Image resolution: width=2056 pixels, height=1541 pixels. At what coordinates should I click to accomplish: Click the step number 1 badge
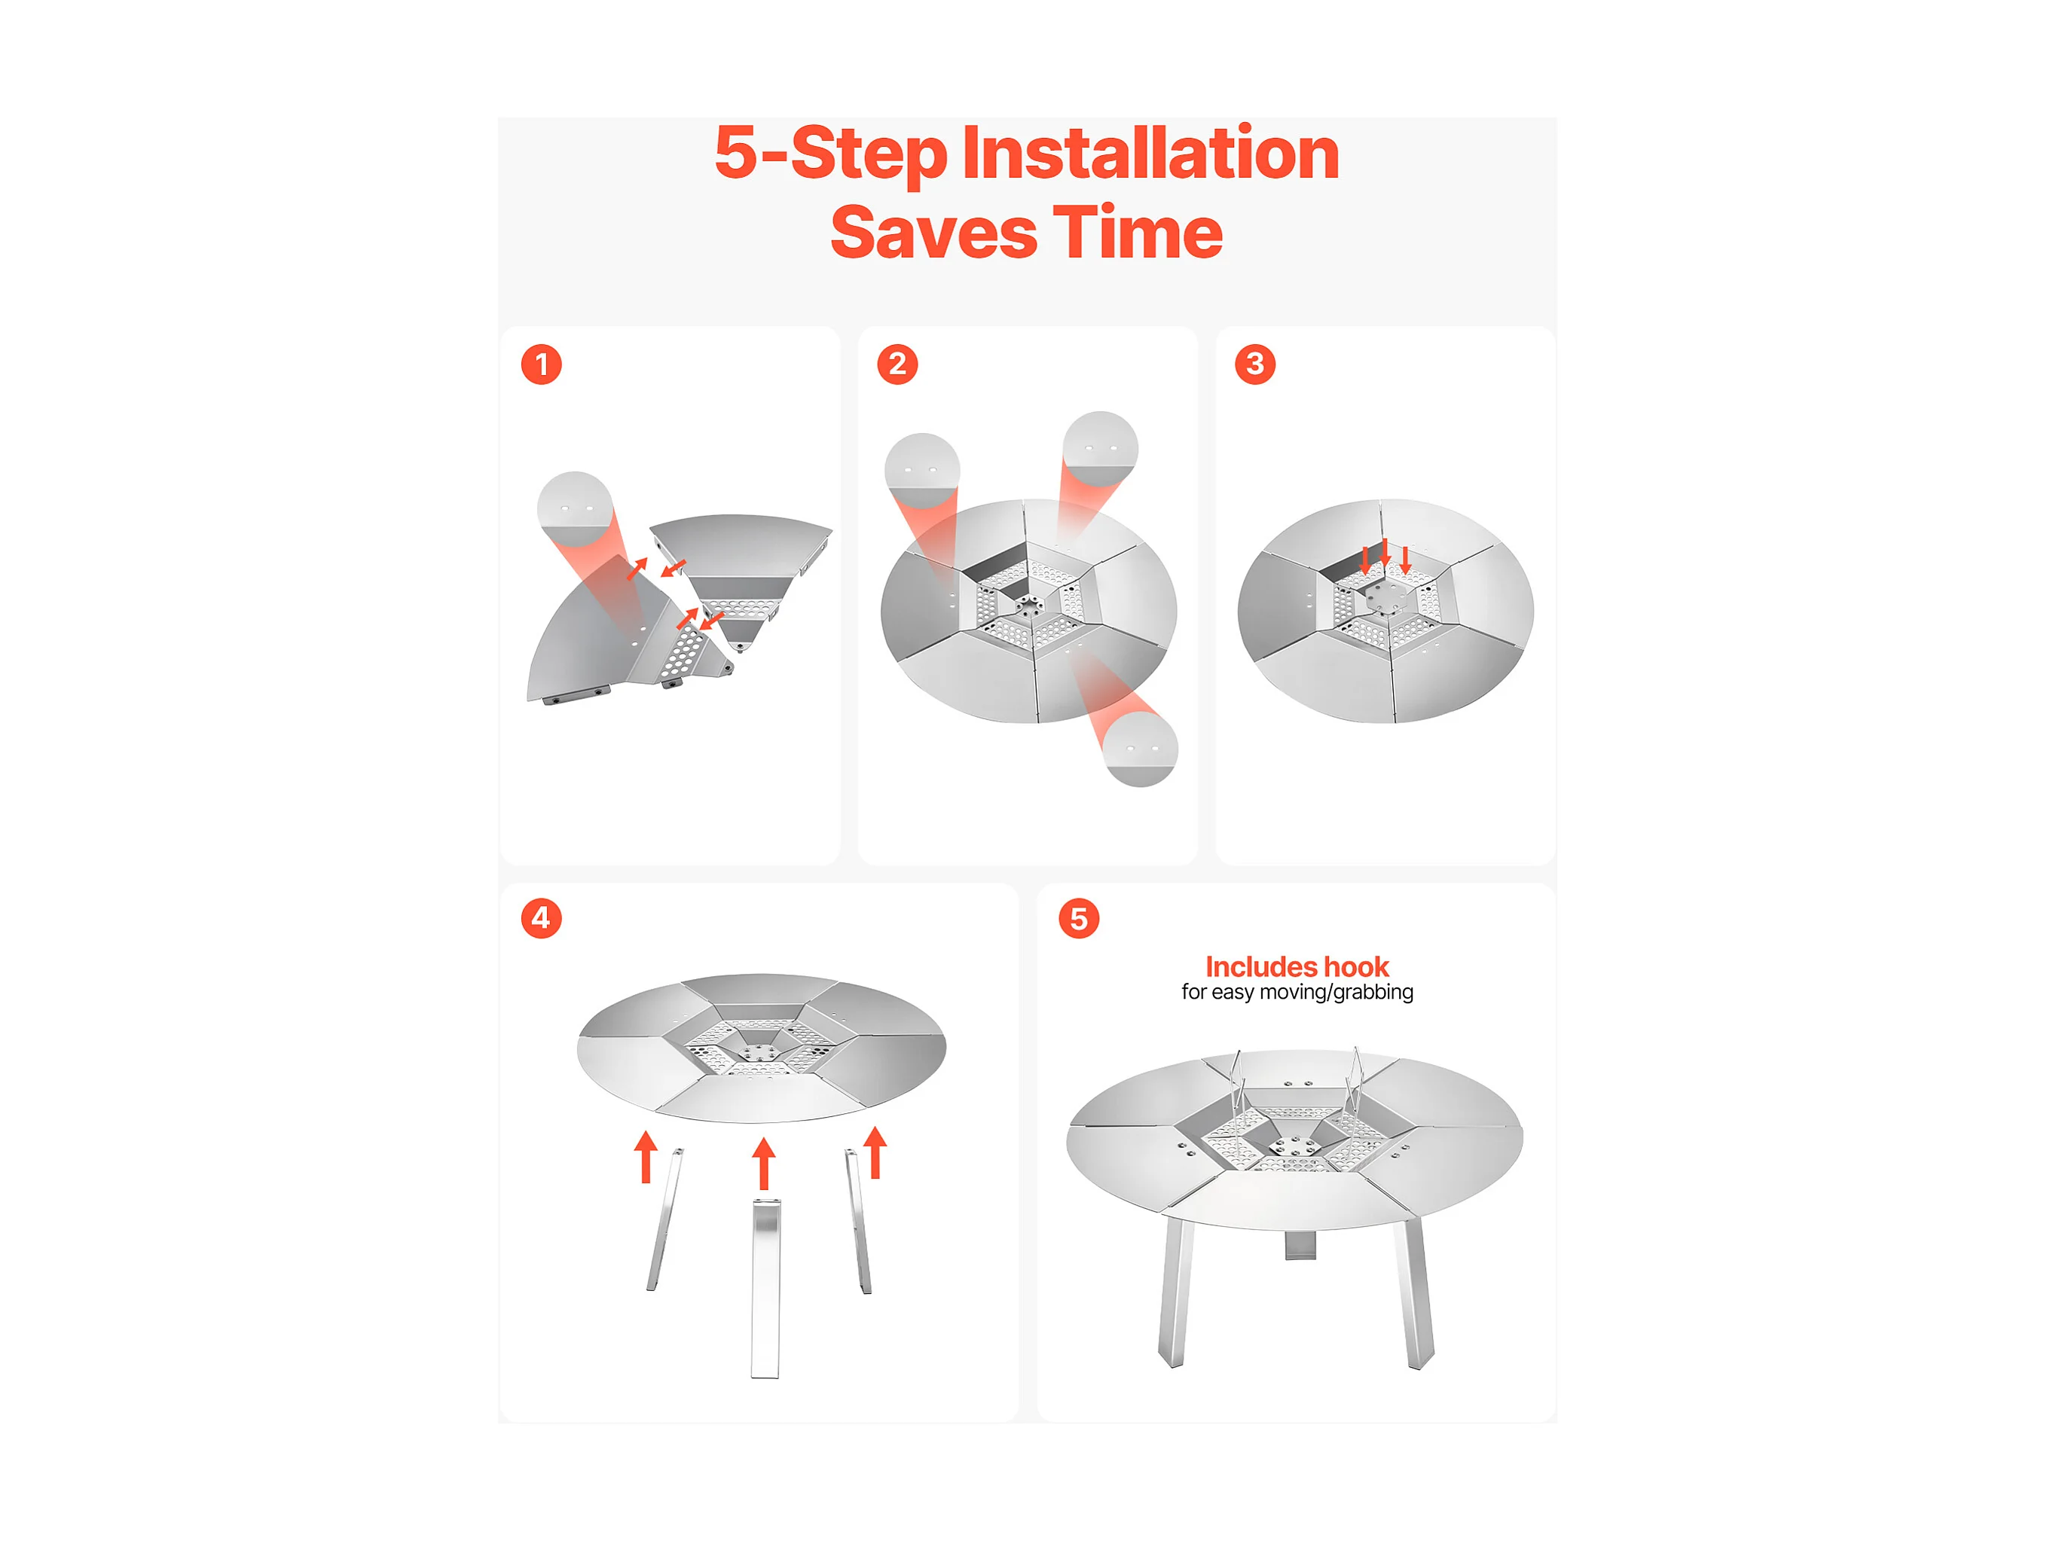coord(541,365)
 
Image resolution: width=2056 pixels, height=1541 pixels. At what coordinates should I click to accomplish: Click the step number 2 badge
coord(897,365)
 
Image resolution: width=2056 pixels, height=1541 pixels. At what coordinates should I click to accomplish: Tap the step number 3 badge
coord(1255,365)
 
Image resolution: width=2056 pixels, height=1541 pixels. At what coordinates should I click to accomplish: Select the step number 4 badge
coord(541,918)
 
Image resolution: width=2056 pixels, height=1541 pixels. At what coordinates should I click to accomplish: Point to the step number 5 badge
coord(1079,918)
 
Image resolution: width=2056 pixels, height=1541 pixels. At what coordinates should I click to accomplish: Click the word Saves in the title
coord(933,233)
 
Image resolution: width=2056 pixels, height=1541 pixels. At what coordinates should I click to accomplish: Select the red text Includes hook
coord(1297,966)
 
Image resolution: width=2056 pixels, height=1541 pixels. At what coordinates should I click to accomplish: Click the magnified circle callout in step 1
coord(574,509)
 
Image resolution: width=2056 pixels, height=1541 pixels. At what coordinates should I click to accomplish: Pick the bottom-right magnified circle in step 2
coord(1140,749)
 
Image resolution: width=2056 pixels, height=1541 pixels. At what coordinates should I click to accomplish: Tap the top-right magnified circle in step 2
coord(1101,448)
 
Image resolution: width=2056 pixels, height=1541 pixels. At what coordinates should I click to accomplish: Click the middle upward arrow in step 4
coord(764,1163)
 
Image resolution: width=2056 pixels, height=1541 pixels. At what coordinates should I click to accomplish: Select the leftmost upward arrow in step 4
coord(646,1156)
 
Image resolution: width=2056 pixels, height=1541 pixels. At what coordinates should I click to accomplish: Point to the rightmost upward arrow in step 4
coord(875,1152)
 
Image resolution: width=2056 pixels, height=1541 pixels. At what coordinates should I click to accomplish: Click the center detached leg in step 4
coord(765,1289)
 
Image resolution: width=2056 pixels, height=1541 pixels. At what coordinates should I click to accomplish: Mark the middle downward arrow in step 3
coord(1385,553)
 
